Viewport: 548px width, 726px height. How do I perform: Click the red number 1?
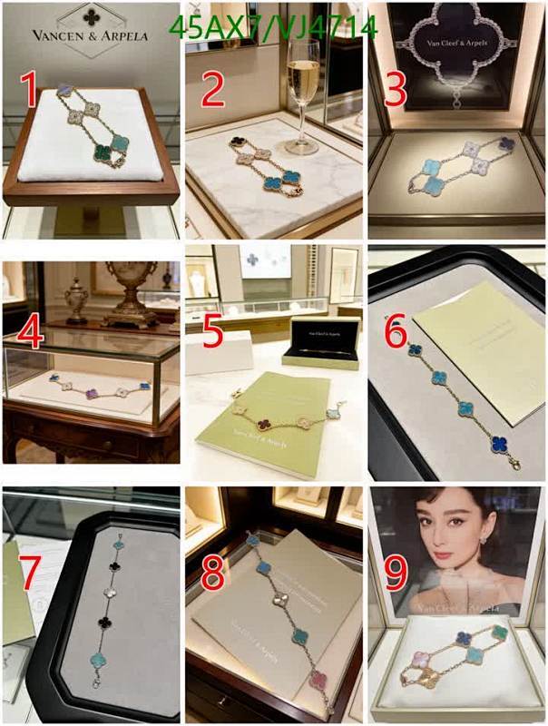point(29,91)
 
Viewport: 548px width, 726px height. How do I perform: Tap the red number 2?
point(213,91)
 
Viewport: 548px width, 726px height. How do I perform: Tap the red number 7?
point(29,574)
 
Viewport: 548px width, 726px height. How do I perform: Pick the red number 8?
point(213,574)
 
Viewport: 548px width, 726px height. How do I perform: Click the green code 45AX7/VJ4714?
point(273,29)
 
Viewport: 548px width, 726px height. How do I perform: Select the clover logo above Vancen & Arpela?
point(91,15)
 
